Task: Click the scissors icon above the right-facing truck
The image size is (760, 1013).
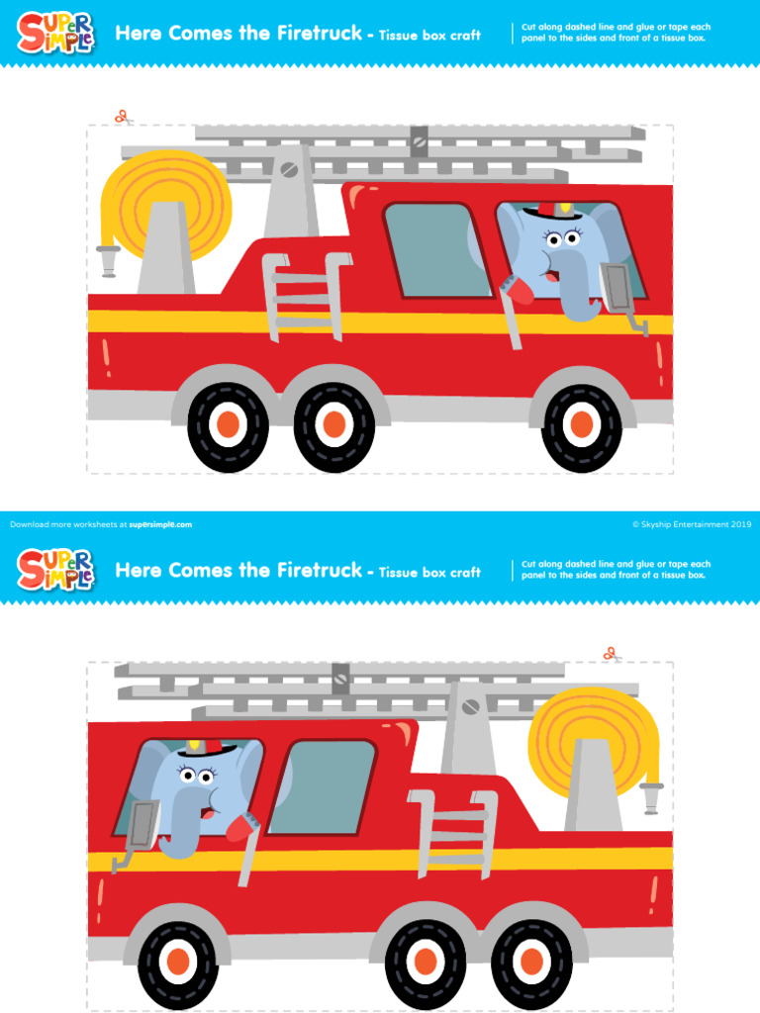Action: coord(123,117)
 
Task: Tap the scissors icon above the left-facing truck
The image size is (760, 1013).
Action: coord(611,654)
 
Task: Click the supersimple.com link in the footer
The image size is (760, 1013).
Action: coord(160,524)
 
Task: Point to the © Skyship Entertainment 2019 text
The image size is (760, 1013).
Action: coord(692,524)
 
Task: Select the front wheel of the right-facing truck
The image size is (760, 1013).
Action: coord(582,425)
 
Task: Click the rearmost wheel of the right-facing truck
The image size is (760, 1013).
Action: coord(228,425)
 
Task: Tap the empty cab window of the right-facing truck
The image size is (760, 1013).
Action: coord(436,249)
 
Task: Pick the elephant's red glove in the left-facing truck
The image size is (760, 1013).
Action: coord(242,823)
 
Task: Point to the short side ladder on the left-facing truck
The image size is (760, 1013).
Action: coord(452,832)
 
